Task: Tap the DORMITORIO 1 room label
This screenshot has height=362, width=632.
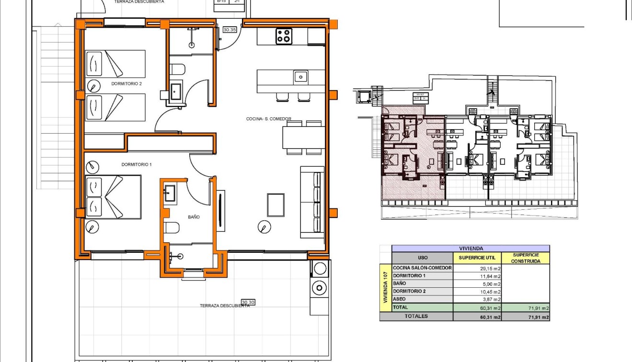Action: click(136, 165)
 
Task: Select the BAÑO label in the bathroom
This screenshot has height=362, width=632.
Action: click(194, 217)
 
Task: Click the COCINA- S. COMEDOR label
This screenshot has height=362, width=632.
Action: click(268, 119)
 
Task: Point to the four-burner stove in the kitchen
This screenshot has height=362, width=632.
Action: click(284, 36)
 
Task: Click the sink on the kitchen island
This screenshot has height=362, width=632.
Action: click(301, 76)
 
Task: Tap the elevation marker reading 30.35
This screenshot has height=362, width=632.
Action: click(230, 30)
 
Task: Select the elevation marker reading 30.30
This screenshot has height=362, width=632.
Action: click(248, 302)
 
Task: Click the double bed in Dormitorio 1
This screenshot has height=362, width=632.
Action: click(113, 197)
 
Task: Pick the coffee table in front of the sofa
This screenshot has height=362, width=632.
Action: click(276, 204)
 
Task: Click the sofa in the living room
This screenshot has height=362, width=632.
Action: click(312, 202)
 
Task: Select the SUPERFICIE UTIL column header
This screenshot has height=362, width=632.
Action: click(477, 258)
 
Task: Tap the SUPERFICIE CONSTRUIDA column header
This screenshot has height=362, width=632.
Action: click(526, 258)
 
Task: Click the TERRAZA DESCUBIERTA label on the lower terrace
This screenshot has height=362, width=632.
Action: click(224, 305)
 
